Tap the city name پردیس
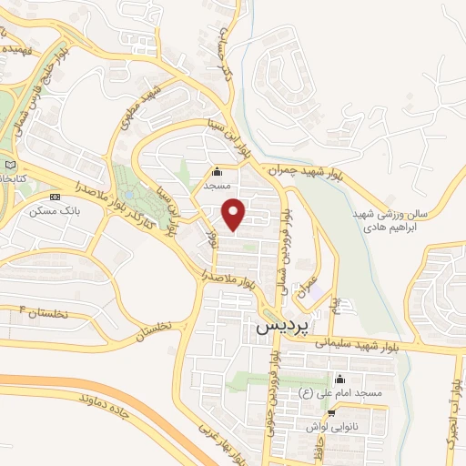tap(282, 323)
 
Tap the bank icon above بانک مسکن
tap(56, 197)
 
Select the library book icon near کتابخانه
tap(11, 164)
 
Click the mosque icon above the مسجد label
tap(217, 171)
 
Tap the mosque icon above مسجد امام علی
tap(340, 379)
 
